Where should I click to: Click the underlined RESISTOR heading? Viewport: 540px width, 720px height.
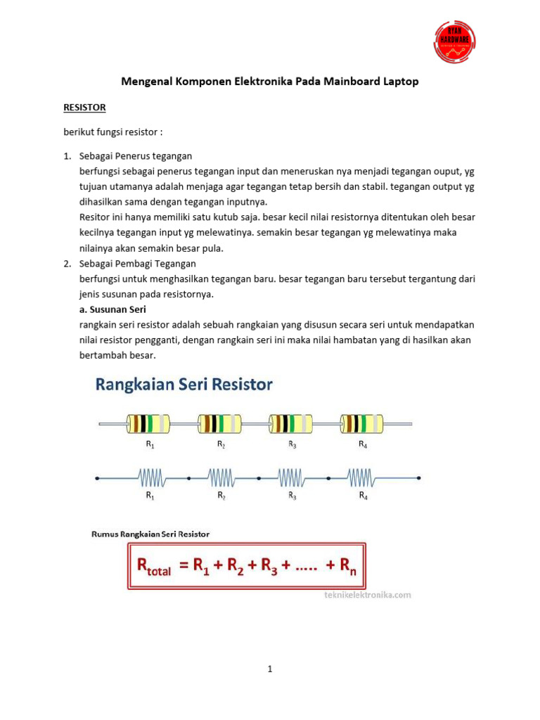pyautogui.click(x=84, y=108)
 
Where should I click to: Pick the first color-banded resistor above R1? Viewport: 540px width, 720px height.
pyautogui.click(x=148, y=423)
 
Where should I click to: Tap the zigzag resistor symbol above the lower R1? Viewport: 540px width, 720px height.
pyautogui.click(x=151, y=479)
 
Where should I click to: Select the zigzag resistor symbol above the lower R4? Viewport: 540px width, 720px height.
pyautogui.click(x=361, y=479)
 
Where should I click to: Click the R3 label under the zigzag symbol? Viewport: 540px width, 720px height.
pyautogui.click(x=292, y=496)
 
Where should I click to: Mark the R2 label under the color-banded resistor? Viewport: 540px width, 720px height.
pyautogui.click(x=221, y=444)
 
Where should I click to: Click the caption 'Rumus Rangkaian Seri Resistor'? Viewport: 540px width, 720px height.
pyautogui.click(x=150, y=534)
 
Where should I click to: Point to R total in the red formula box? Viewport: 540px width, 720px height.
pyautogui.click(x=150, y=567)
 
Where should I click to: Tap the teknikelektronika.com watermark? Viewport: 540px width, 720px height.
pyautogui.click(x=367, y=595)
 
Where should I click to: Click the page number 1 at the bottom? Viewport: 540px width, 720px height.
pyautogui.click(x=270, y=669)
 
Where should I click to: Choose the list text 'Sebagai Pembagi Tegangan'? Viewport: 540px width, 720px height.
pyautogui.click(x=138, y=264)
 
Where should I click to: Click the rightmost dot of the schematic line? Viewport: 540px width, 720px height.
pyautogui.click(x=418, y=478)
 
